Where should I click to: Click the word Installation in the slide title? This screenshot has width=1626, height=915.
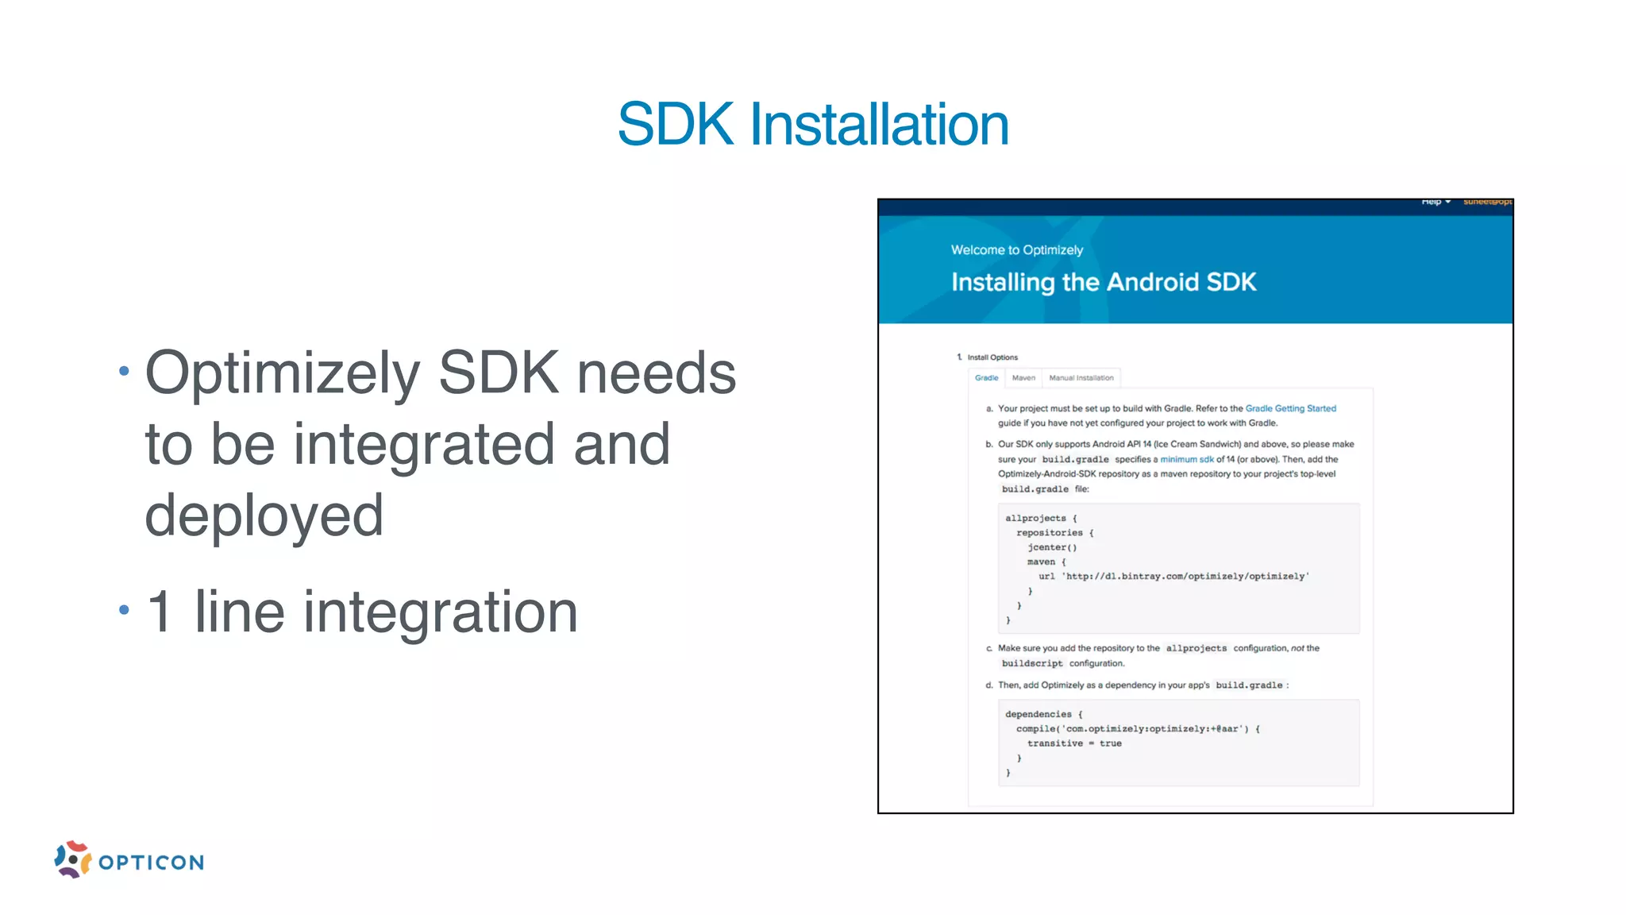(879, 125)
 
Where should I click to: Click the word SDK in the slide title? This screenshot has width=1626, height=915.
(676, 125)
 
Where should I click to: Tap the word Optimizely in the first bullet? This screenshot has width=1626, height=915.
(283, 373)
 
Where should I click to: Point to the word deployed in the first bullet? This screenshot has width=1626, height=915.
(264, 515)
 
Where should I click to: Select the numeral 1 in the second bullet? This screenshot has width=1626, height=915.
(160, 612)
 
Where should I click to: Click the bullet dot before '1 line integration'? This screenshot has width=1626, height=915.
(124, 610)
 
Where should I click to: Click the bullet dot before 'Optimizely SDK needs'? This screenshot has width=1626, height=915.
(124, 371)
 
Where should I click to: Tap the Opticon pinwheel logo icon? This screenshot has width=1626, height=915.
(72, 859)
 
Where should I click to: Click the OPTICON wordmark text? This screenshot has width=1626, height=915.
(152, 863)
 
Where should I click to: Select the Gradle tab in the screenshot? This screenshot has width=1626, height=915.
(986, 378)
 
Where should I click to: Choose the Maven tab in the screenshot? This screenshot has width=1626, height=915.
(1023, 378)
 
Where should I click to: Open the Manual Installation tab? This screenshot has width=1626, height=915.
(1081, 378)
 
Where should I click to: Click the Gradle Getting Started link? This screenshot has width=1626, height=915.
(1290, 408)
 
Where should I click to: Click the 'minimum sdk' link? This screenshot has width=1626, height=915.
(1186, 459)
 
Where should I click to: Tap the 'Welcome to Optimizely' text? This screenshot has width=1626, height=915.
(1016, 250)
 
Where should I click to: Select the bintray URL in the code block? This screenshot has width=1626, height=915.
(1185, 577)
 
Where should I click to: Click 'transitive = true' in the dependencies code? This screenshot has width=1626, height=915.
(1073, 743)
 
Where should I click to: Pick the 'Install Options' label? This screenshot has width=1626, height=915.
(992, 357)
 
